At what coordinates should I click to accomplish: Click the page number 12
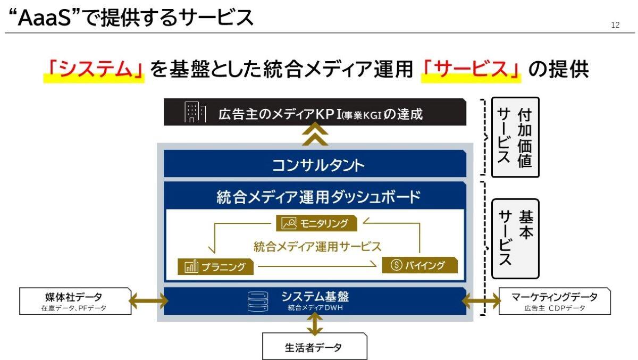(615, 25)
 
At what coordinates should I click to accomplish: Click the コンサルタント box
(315, 165)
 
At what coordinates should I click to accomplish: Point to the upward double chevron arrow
(315, 135)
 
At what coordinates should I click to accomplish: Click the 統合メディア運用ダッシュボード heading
(315, 197)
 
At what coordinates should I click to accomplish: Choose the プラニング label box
(215, 266)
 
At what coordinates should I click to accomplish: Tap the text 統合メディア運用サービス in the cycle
(317, 246)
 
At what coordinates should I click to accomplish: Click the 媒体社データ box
(74, 302)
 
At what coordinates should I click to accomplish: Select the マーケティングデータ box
(555, 302)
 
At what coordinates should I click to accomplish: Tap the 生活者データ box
(315, 348)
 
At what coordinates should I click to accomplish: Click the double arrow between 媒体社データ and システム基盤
(148, 302)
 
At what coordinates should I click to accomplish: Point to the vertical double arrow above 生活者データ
(315, 324)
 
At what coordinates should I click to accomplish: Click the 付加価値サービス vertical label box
(515, 137)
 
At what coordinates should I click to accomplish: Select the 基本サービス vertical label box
(515, 239)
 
